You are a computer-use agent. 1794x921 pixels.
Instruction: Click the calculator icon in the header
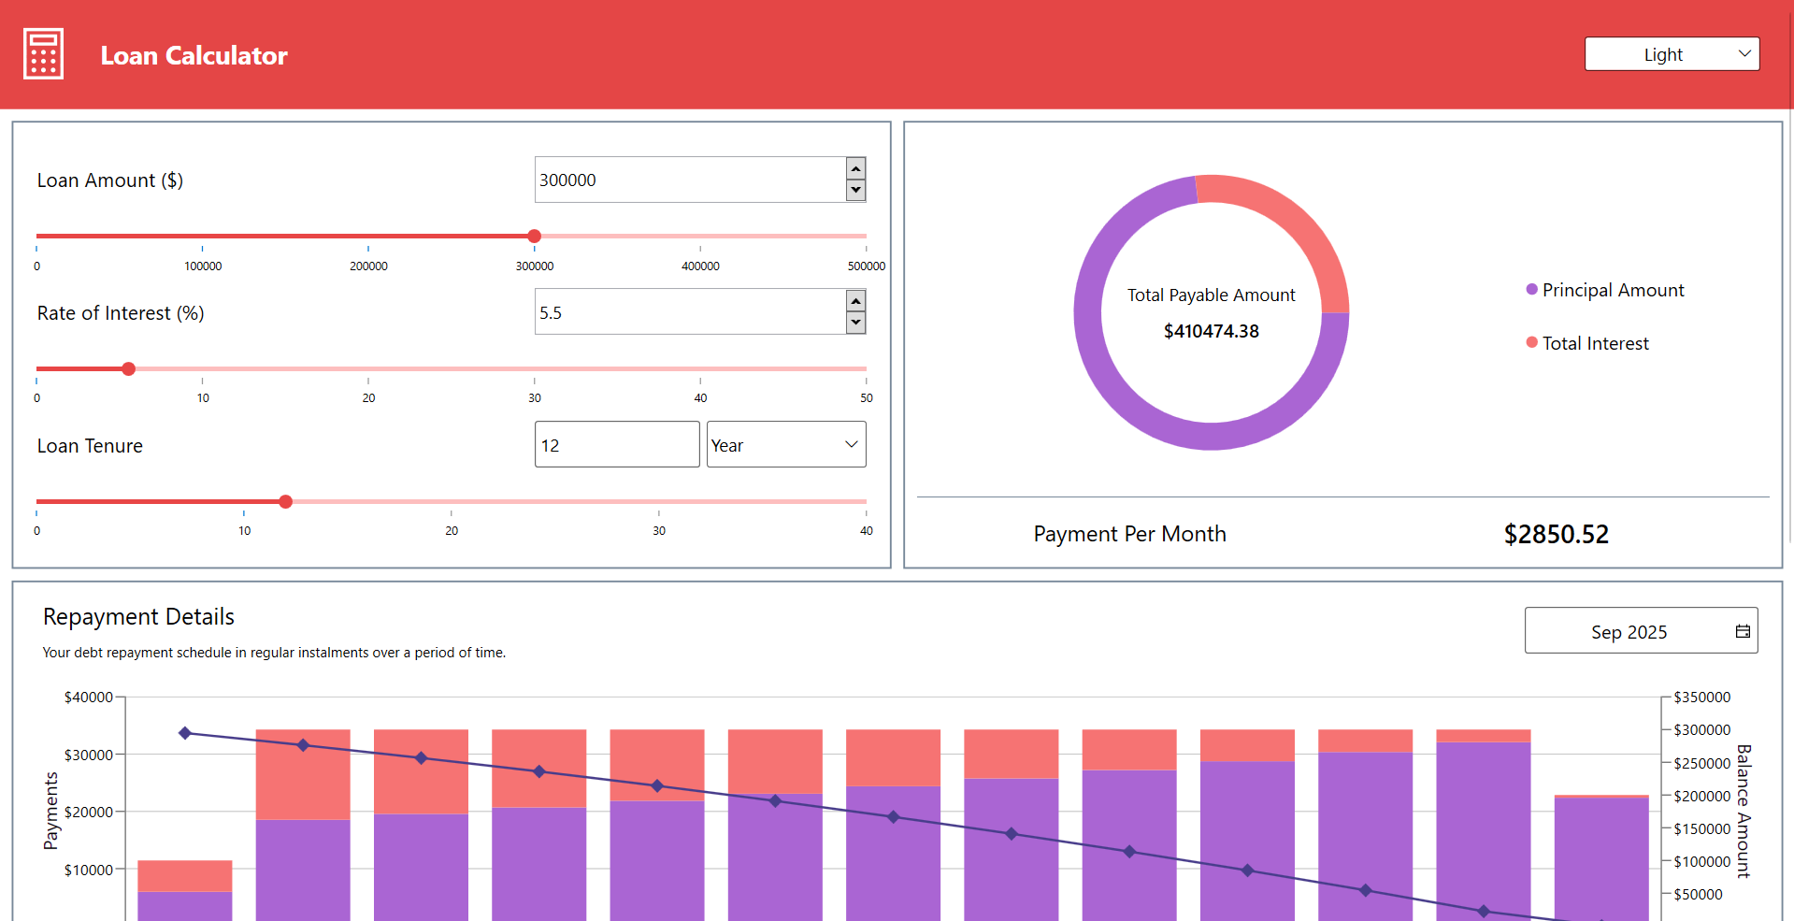pyautogui.click(x=43, y=54)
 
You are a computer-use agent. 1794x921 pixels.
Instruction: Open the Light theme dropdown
pyautogui.click(x=1672, y=54)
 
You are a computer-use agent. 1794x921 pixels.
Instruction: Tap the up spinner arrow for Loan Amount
pyautogui.click(x=855, y=168)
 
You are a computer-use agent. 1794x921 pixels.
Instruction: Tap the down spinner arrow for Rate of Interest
pyautogui.click(x=855, y=324)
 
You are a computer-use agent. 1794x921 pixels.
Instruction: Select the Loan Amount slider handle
pyautogui.click(x=534, y=236)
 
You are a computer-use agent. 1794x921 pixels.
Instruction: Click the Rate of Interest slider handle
pyautogui.click(x=128, y=368)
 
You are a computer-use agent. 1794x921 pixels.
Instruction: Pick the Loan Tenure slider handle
pyautogui.click(x=285, y=501)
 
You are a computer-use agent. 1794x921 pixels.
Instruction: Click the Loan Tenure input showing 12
pyautogui.click(x=616, y=445)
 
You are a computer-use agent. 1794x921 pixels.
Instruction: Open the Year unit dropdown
pyautogui.click(x=785, y=445)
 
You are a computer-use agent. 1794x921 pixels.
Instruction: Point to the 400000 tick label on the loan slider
pyautogui.click(x=700, y=266)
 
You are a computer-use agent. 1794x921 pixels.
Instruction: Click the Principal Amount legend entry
pyautogui.click(x=1612, y=290)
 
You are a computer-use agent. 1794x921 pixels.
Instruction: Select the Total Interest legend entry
pyautogui.click(x=1594, y=343)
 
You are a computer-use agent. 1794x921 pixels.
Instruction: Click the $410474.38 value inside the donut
pyautogui.click(x=1211, y=331)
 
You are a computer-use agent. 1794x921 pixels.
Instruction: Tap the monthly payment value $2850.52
pyautogui.click(x=1556, y=534)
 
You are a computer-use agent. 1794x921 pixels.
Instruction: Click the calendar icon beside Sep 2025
pyautogui.click(x=1743, y=631)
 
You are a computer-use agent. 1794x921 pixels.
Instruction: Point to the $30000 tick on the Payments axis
pyautogui.click(x=88, y=755)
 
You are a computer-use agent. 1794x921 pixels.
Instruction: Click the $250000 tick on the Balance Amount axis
pyautogui.click(x=1701, y=763)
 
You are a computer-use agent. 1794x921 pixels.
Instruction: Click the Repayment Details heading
pyautogui.click(x=138, y=617)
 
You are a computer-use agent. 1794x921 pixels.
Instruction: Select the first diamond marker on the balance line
pyautogui.click(x=185, y=733)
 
